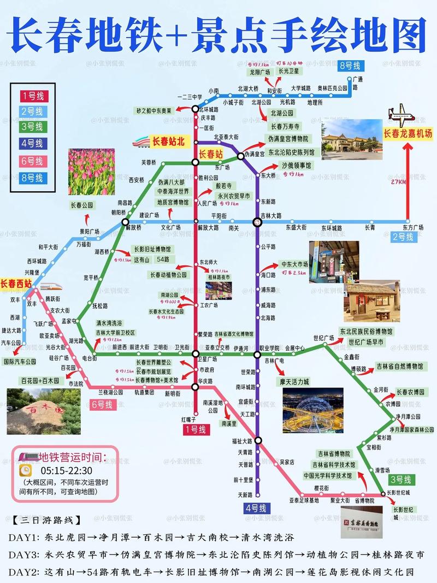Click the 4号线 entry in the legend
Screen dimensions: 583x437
click(x=32, y=143)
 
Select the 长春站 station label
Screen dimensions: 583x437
click(x=210, y=154)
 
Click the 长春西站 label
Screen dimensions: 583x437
click(x=16, y=284)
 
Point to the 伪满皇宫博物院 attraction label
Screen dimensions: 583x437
click(x=288, y=139)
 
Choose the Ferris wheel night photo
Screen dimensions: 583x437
click(x=313, y=410)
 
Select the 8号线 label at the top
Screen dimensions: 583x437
click(x=350, y=66)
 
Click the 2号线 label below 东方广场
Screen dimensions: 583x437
click(x=403, y=237)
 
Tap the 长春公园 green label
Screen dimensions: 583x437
click(x=82, y=205)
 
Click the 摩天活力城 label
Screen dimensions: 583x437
click(x=295, y=381)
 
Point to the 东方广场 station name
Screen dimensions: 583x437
click(x=412, y=227)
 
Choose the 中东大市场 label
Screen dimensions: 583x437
click(x=294, y=264)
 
